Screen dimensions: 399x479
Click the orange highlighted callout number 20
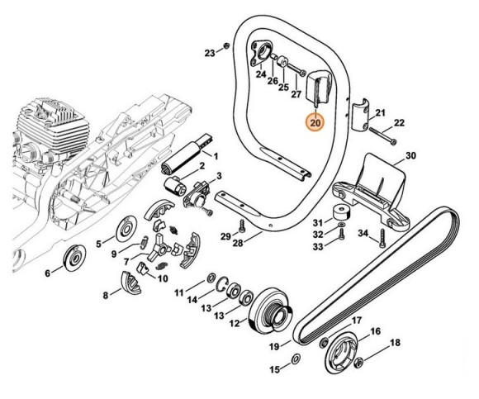click(x=315, y=123)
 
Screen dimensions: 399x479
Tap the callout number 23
click(x=210, y=53)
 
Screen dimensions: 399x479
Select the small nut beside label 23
click(x=227, y=45)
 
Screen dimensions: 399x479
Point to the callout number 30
click(x=410, y=155)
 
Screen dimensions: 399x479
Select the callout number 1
click(x=216, y=155)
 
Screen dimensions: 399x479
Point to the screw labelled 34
click(x=382, y=240)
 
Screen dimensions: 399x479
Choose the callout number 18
click(x=394, y=342)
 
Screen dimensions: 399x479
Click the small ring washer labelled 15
click(x=296, y=360)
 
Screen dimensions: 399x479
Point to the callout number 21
click(x=381, y=113)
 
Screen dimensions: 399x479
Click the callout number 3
click(x=219, y=176)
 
